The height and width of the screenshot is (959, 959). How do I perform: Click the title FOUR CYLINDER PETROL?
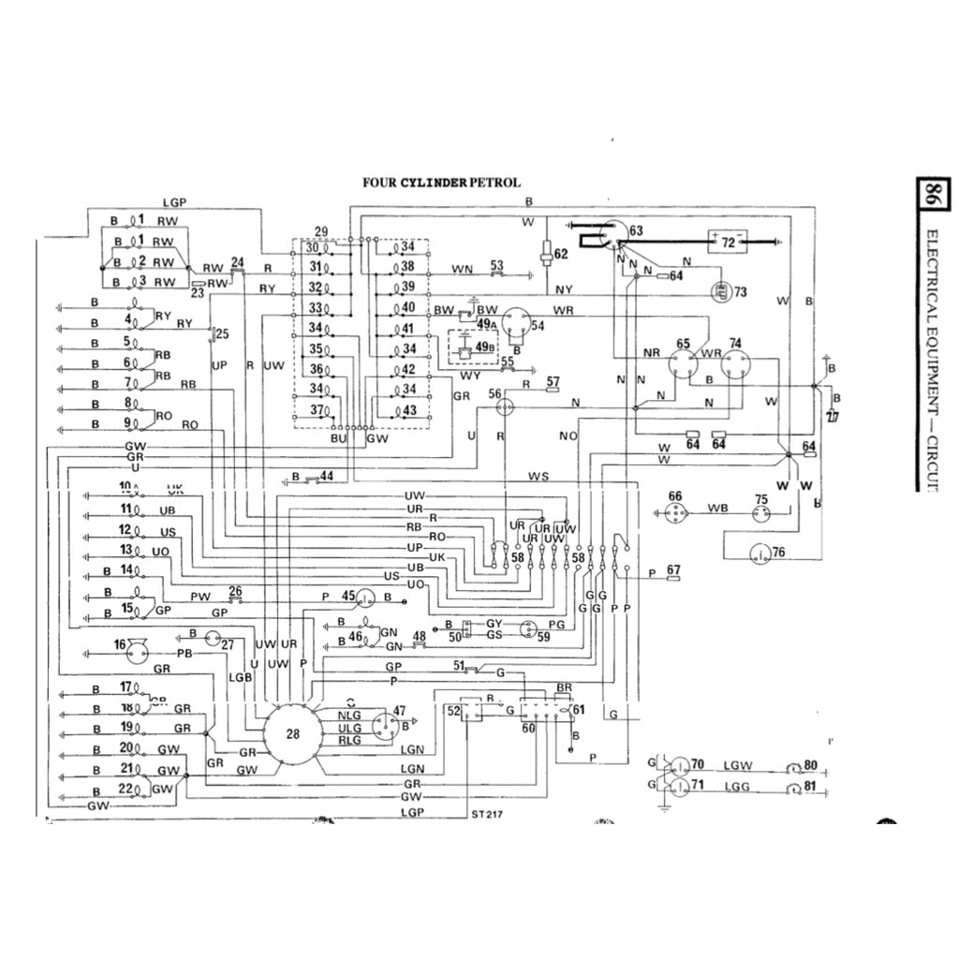tap(442, 183)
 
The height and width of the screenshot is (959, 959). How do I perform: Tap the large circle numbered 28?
tap(293, 734)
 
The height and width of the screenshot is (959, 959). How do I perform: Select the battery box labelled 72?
tap(727, 242)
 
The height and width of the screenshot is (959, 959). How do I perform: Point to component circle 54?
tap(518, 324)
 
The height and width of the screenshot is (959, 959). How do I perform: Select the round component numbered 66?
tap(674, 509)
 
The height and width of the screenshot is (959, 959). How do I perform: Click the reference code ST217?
tap(488, 813)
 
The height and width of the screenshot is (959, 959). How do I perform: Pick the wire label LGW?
tap(737, 766)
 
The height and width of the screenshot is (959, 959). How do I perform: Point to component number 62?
tap(560, 255)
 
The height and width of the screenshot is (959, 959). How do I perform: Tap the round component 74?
tap(735, 361)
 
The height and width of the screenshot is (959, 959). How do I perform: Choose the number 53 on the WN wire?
tap(496, 265)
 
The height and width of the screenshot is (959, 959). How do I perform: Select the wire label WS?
tap(539, 477)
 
